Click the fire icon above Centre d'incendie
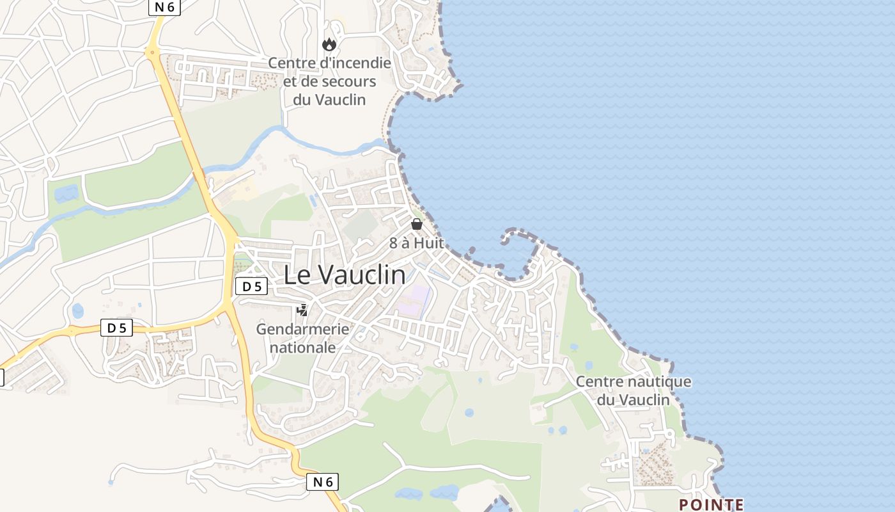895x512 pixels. tap(329, 44)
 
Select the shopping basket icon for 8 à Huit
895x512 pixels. tap(417, 224)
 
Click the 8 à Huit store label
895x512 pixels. tap(417, 243)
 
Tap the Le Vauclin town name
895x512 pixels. tap(344, 275)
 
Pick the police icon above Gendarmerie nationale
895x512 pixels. tap(302, 311)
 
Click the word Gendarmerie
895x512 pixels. tap(302, 329)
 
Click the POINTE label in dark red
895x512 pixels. tap(711, 504)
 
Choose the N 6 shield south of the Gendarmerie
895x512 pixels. tap(322, 482)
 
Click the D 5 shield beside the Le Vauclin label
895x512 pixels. tap(251, 287)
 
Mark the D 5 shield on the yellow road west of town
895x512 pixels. tap(116, 328)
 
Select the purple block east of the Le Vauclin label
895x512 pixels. tap(414, 300)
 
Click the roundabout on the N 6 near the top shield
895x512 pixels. tap(153, 53)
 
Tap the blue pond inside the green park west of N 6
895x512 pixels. tap(66, 193)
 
